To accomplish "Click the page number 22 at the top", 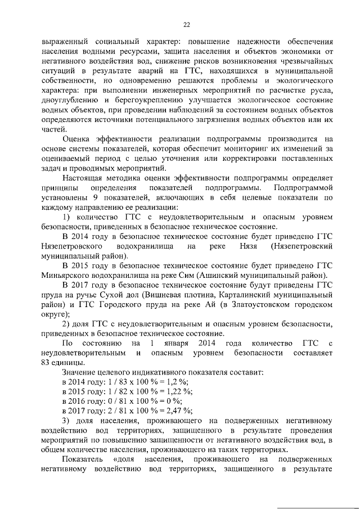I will coord(187,24).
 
